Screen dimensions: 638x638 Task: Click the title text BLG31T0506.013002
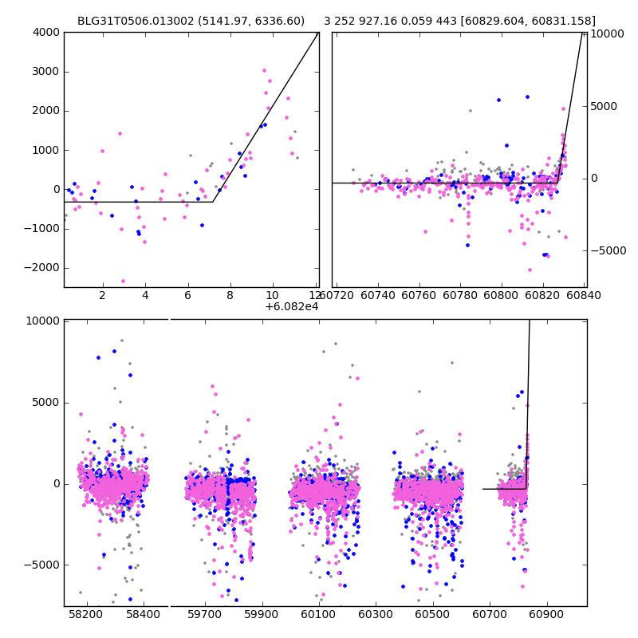coord(128,21)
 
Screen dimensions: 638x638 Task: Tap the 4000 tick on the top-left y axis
coord(45,32)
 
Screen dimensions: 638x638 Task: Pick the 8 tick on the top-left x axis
coord(230,295)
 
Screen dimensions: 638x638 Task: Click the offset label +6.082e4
coord(291,307)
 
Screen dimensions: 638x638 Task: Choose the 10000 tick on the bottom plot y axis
coord(43,321)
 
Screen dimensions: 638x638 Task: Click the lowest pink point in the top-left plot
coord(123,281)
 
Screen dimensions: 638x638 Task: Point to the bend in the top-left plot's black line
coord(213,202)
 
